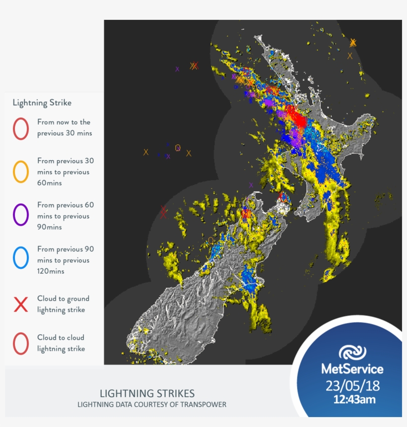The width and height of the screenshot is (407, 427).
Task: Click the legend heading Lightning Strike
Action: point(42,103)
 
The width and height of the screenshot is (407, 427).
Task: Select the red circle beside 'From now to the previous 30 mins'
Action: point(21,128)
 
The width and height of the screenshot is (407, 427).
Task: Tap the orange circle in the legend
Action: point(21,172)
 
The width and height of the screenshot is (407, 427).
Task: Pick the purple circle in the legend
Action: point(21,216)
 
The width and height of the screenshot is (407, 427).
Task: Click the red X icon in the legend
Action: point(21,305)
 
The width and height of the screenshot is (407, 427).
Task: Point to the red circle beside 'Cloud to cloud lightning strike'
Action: point(21,343)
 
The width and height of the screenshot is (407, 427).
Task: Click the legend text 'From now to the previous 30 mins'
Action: point(64,127)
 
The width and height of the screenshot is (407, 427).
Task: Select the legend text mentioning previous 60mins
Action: point(65,172)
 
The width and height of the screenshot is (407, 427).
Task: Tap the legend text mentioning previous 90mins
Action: point(65,216)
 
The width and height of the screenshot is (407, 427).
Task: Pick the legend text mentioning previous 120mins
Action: point(65,260)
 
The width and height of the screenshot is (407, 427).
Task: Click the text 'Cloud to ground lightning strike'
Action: point(63,304)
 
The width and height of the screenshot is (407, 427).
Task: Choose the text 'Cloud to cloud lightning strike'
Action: point(61,343)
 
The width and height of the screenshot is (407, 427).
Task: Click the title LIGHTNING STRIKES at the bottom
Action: point(147,393)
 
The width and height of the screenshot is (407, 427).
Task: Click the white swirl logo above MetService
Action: point(352,352)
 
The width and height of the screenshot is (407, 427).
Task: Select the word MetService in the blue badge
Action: point(352,369)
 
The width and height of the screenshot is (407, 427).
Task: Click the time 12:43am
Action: point(354,399)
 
